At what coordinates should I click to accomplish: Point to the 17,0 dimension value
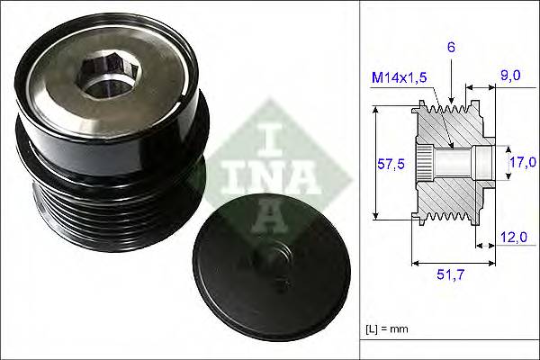(523, 163)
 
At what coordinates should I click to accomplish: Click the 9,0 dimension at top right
(509, 76)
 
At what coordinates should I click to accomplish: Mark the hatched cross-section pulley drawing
(450, 162)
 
